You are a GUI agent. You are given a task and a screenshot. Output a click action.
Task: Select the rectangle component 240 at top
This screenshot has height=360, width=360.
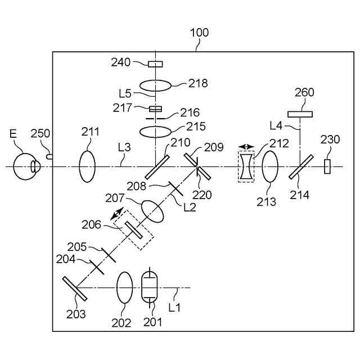[155, 64]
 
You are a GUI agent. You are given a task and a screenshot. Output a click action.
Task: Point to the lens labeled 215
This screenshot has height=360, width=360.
[155, 132]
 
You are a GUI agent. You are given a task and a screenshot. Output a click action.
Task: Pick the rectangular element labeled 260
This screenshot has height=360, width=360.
[300, 114]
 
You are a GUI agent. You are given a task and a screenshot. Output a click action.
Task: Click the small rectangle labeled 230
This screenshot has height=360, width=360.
[327, 166]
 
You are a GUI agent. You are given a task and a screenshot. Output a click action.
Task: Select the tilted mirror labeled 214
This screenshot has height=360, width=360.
[300, 167]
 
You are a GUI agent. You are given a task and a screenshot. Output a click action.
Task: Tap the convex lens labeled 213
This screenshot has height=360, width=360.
[271, 166]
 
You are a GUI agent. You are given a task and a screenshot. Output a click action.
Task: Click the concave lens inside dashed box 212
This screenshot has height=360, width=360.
[246, 166]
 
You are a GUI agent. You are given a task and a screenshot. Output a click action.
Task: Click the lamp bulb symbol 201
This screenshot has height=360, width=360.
[150, 287]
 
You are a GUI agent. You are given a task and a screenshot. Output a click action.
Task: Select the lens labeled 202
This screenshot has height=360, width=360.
[124, 287]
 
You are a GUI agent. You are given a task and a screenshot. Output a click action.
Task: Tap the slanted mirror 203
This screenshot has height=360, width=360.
[74, 288]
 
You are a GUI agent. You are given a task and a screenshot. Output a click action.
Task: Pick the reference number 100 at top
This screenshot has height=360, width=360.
[199, 33]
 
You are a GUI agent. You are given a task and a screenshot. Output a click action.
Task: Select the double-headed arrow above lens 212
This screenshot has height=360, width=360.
[246, 146]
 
